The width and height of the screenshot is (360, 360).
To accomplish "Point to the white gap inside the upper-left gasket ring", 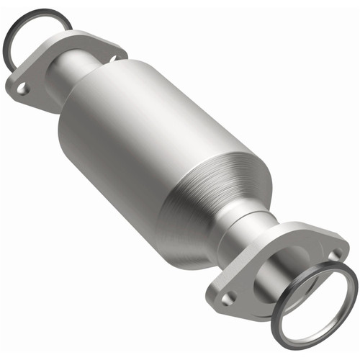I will tap(32, 32).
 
